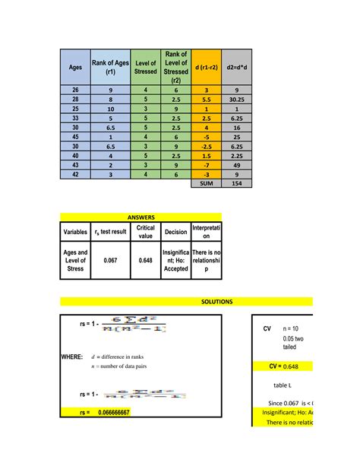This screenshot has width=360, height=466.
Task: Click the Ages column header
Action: pos(75,67)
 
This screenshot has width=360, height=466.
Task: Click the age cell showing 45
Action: pos(75,138)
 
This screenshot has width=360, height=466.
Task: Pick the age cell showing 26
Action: pos(75,90)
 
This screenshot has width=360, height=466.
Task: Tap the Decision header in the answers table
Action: pos(175,232)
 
